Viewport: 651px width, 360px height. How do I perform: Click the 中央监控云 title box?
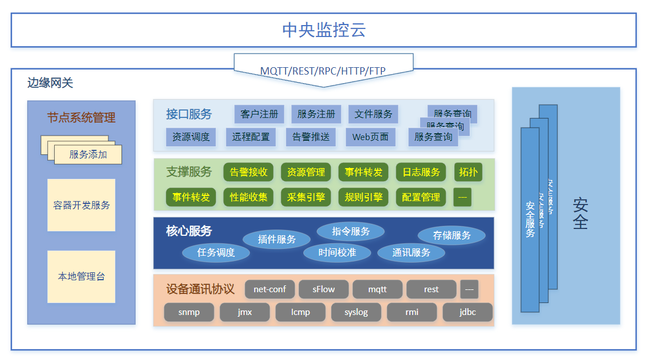323,30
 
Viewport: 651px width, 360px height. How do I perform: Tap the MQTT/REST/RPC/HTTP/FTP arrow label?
323,71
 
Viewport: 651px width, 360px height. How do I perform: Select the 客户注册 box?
259,114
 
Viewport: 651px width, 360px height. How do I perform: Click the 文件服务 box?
373,114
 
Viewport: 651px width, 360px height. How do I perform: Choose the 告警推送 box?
311,137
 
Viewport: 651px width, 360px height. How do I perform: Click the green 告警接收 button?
249,172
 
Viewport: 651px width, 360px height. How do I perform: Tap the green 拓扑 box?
468,172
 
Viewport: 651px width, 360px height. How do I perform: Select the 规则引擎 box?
364,197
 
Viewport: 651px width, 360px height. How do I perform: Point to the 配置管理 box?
421,197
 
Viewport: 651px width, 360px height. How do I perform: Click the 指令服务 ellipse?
351,231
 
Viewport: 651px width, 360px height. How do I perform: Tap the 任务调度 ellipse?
216,252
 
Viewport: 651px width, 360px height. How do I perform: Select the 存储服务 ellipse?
451,235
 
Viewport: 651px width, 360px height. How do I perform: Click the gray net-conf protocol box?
270,289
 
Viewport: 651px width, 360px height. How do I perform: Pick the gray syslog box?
356,312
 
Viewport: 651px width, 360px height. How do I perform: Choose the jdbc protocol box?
467,312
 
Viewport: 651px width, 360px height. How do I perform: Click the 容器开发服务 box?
82,205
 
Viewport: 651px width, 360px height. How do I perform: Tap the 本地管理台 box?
82,277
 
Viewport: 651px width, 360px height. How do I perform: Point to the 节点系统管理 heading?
82,118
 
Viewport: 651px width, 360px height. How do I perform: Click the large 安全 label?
580,213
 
